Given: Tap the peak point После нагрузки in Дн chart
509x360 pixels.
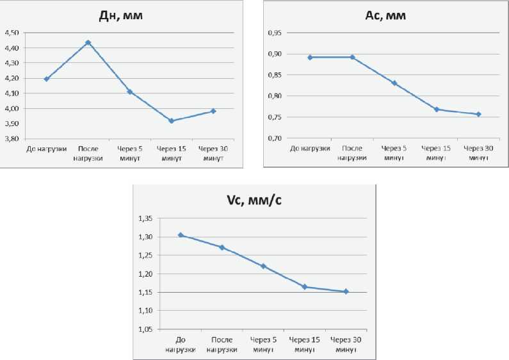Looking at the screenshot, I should point(88,43).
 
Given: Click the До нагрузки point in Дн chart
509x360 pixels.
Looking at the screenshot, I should point(47,79).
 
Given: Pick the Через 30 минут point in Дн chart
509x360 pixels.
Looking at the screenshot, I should point(213,111).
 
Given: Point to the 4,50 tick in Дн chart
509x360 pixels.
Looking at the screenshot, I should point(12,33).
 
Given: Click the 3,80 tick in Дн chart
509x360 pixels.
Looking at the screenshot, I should point(12,138).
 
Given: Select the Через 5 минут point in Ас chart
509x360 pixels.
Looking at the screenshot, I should point(394,83).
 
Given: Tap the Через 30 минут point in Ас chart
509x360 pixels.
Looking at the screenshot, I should point(478,114).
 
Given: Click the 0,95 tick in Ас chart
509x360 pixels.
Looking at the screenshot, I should point(274,33).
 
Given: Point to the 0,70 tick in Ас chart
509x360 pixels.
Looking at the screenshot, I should point(274,138).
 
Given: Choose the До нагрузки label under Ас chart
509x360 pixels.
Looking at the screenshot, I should point(311,149).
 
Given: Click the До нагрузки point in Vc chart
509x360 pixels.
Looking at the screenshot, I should point(181,235).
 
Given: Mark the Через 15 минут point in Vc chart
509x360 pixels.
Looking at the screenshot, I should point(305,286).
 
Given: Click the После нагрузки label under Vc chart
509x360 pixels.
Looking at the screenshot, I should point(222,345).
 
